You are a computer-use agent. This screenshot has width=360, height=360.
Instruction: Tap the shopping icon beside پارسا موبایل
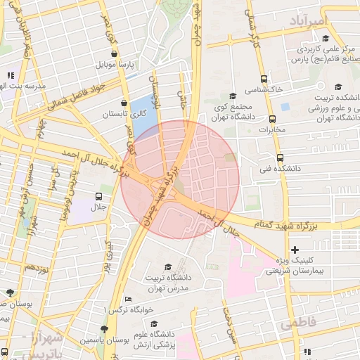pyautogui.click(x=113, y=53)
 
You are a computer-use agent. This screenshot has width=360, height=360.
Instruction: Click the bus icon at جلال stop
pyautogui.click(x=97, y=196)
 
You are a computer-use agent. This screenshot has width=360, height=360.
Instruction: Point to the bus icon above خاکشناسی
pyautogui.click(x=264, y=79)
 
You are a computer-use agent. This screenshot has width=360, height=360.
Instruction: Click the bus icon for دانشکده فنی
pyautogui.click(x=280, y=158)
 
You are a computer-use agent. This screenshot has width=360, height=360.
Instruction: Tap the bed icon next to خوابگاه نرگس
pyautogui.click(x=128, y=299)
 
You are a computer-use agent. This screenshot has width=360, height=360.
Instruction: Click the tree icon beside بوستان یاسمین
pyautogui.click(x=104, y=329)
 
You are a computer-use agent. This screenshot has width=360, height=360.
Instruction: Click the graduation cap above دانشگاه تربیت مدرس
pyautogui.click(x=167, y=267)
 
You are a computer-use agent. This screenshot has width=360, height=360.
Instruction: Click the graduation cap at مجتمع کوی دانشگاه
pyautogui.click(x=233, y=96)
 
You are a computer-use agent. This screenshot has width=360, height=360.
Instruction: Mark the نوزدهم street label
pyautogui.click(x=36, y=268)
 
